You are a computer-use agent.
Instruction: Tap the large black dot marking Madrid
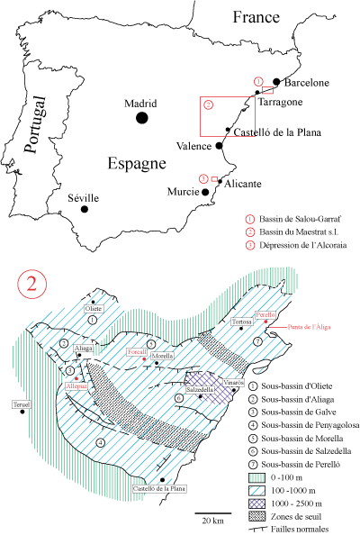[141, 118]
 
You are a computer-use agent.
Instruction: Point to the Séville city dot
[85, 209]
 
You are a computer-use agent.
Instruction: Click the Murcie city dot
[206, 192]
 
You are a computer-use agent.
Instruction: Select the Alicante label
[241, 183]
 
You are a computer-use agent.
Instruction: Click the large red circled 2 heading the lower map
[31, 284]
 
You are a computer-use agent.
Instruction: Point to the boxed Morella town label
[162, 357]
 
